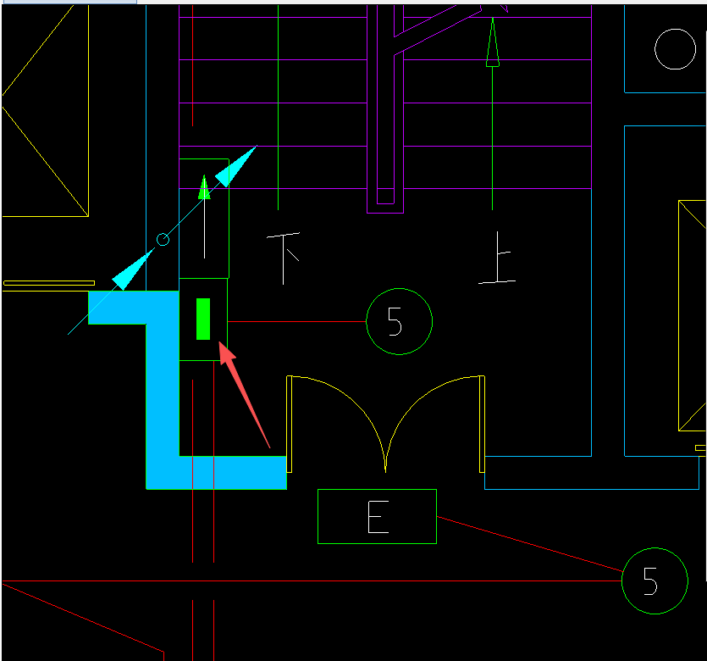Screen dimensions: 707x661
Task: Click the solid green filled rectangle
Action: (203, 319)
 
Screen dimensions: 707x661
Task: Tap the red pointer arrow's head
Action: (226, 352)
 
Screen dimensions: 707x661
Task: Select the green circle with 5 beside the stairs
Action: (399, 322)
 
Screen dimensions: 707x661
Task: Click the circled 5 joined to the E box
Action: (655, 580)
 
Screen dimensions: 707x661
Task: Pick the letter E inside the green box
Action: (378, 517)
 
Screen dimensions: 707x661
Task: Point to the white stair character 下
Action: (283, 258)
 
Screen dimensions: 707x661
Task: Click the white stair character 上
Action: (497, 258)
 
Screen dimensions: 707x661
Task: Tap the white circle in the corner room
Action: (675, 49)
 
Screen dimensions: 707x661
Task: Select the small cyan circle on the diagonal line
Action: (163, 239)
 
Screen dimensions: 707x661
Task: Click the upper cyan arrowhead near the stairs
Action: (235, 167)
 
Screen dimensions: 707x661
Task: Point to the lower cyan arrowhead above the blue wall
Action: (132, 269)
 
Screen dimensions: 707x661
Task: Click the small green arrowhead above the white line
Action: (204, 187)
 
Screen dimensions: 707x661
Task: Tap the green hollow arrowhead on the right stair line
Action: (493, 42)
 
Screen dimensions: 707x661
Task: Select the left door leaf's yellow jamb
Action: (289, 424)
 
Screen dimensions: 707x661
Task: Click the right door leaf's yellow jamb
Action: (482, 424)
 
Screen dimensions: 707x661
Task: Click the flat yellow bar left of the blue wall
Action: (49, 283)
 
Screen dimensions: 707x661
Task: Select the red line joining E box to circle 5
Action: (529, 544)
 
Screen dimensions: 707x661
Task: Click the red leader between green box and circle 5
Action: (296, 322)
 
